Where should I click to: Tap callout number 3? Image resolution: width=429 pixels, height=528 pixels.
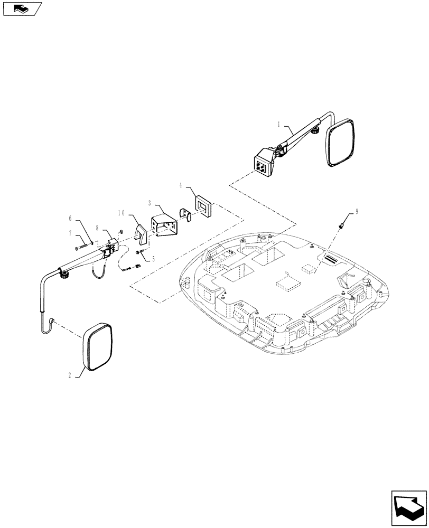click(x=150, y=203)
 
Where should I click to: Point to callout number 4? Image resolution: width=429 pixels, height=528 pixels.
click(x=181, y=185)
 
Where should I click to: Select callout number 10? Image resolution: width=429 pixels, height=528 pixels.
click(x=121, y=214)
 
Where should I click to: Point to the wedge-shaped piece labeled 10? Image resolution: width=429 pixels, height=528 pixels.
click(x=141, y=234)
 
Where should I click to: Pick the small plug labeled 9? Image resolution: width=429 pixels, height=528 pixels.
click(x=341, y=227)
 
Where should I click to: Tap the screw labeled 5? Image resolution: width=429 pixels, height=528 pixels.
click(x=139, y=252)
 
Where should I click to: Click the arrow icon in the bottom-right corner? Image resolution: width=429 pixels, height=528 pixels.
click(x=408, y=509)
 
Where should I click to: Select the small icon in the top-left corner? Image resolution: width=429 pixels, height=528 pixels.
click(x=21, y=8)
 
